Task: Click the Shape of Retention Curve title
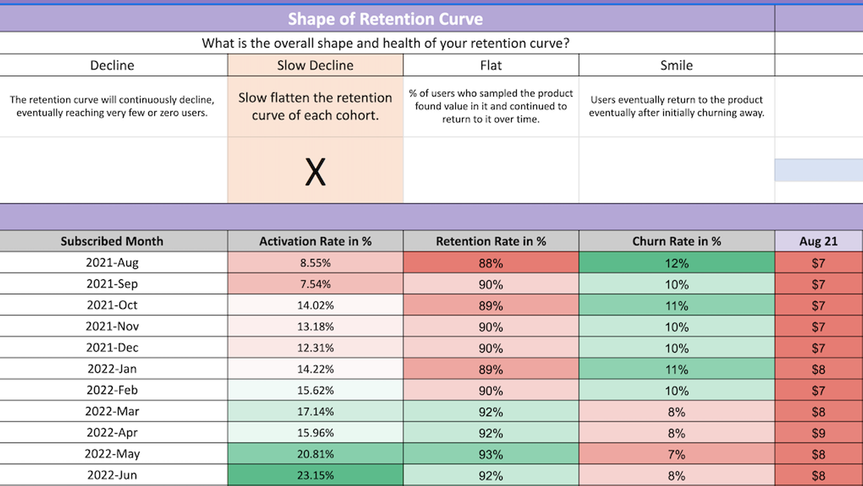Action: [385, 19]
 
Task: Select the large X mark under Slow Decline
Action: [315, 172]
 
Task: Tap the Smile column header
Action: [676, 66]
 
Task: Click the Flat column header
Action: [491, 66]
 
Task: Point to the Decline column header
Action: [112, 66]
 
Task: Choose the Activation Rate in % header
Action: [315, 242]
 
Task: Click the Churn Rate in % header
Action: [676, 242]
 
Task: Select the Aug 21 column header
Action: [818, 242]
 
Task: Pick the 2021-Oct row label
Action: [112, 305]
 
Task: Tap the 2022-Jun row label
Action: [112, 475]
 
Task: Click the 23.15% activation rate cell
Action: [315, 476]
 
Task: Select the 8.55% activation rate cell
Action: [315, 263]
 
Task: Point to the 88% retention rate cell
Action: [491, 263]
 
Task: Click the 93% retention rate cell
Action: [491, 454]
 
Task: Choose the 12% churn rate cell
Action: [676, 263]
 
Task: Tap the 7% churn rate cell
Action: [676, 454]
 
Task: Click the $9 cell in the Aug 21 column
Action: [818, 433]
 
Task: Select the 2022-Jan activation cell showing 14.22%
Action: [315, 369]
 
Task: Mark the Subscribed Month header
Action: [112, 242]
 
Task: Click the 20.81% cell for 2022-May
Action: [315, 454]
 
